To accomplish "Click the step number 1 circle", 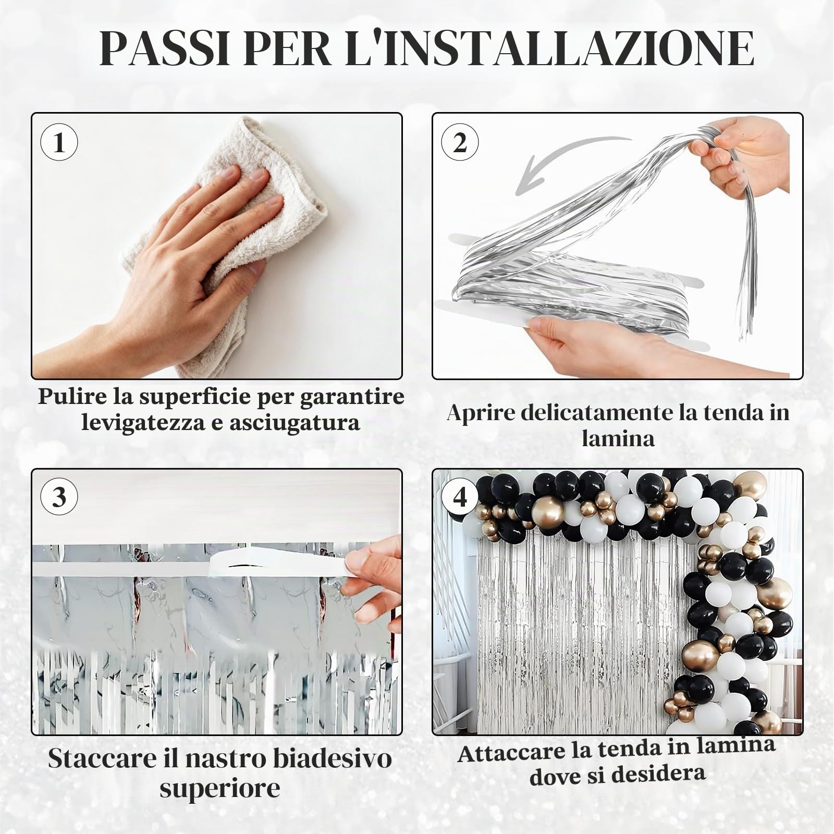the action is click(59, 142).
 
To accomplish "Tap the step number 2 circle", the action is click(460, 142).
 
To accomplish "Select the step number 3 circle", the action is click(59, 497).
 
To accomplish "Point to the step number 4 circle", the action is click(460, 497).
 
